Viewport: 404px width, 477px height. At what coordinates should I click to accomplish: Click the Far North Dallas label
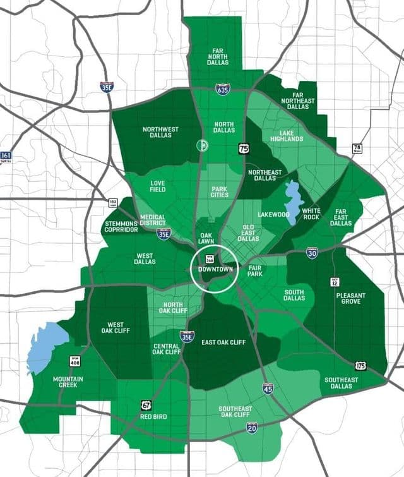point(217,55)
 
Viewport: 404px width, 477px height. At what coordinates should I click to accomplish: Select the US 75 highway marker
point(244,148)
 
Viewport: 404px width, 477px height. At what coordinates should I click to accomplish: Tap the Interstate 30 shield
point(312,253)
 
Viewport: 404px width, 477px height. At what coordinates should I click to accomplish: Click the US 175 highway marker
point(360,366)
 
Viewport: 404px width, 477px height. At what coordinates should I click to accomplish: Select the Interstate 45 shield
point(268,387)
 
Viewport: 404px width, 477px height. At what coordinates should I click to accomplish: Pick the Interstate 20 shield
point(252,428)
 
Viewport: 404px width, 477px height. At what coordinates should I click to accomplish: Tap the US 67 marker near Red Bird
point(146,404)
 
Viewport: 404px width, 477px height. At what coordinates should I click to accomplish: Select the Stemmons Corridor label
point(121,226)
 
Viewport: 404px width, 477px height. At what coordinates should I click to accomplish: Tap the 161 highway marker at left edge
point(6,156)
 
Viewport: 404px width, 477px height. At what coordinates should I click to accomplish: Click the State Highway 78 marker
point(357,149)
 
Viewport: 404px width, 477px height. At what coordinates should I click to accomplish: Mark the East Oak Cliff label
point(223,342)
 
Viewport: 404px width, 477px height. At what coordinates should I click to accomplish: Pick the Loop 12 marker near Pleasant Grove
point(335,281)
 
